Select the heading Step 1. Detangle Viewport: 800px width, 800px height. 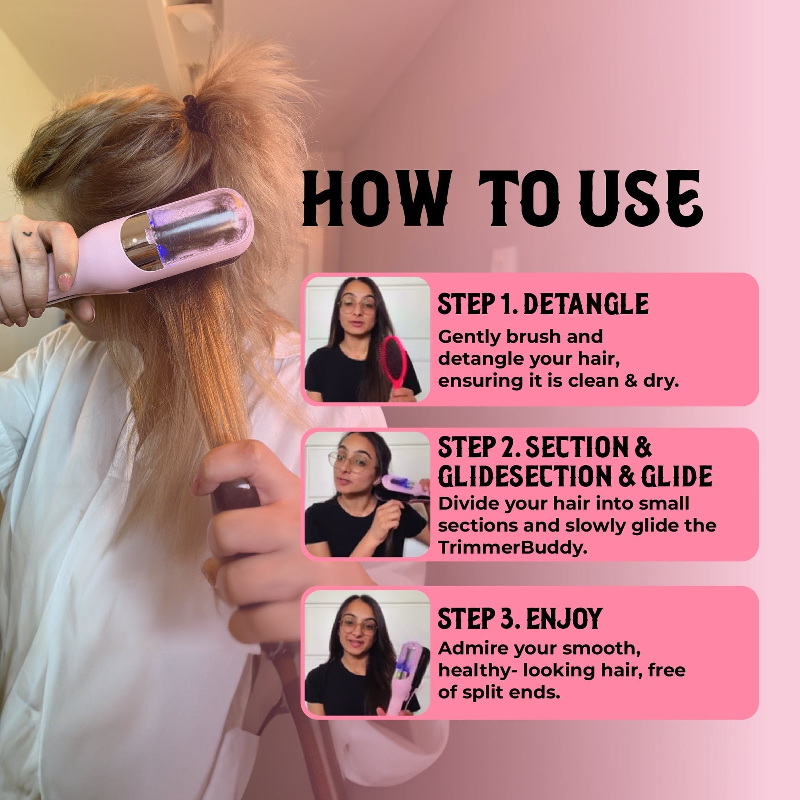[543, 304]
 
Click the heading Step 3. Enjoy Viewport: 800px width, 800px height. [520, 618]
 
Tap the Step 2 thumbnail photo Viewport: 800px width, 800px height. [367, 494]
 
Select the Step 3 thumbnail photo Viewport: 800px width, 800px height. [367, 653]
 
